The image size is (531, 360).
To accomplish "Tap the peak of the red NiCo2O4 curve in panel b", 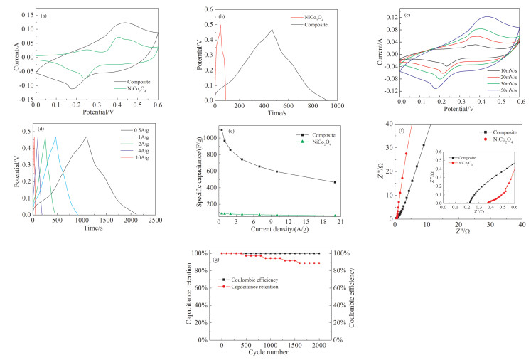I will tap(220, 26).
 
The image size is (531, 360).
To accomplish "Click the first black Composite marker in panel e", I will tap(221, 130).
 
